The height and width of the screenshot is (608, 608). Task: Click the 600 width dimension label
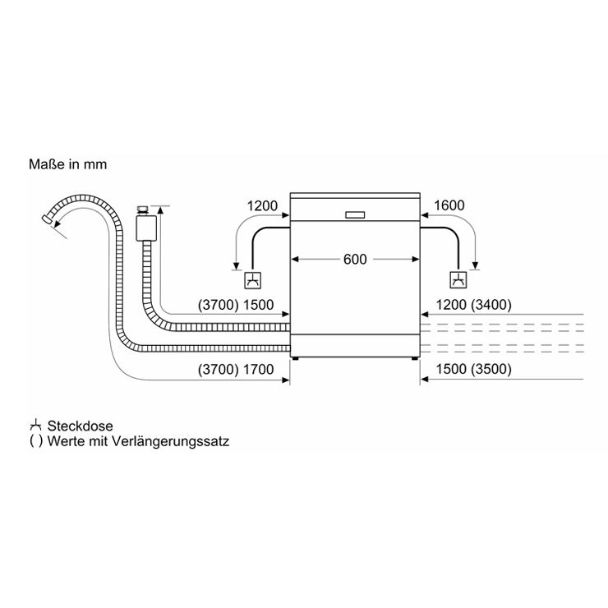pyautogui.click(x=355, y=259)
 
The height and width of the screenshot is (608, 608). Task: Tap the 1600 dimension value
pyautogui.click(x=449, y=205)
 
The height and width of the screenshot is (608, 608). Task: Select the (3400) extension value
pyautogui.click(x=491, y=305)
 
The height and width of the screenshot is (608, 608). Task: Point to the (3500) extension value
pyautogui.click(x=491, y=369)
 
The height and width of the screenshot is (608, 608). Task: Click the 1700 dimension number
pyautogui.click(x=258, y=369)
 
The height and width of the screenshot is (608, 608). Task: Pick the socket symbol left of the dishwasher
pyautogui.click(x=252, y=280)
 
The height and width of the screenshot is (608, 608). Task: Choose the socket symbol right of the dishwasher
pyautogui.click(x=458, y=280)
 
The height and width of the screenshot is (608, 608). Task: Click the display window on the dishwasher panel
pyautogui.click(x=355, y=215)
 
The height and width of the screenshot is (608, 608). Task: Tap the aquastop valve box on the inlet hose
pyautogui.click(x=146, y=228)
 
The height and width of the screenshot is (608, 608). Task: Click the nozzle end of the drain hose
pyautogui.click(x=48, y=219)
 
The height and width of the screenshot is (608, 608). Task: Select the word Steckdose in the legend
pyautogui.click(x=81, y=426)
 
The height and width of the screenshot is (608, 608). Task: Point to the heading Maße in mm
pyautogui.click(x=68, y=164)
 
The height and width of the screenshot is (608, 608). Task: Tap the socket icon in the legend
pyautogui.click(x=35, y=426)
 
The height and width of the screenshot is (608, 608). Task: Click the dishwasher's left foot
pyautogui.click(x=296, y=359)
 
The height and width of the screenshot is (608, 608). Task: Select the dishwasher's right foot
pyautogui.click(x=415, y=359)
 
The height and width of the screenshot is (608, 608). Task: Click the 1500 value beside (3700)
pyautogui.click(x=258, y=305)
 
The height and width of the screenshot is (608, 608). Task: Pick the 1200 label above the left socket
pyautogui.click(x=262, y=205)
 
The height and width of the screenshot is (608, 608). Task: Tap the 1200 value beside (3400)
pyautogui.click(x=451, y=305)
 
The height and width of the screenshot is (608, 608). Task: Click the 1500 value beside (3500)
pyautogui.click(x=451, y=369)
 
